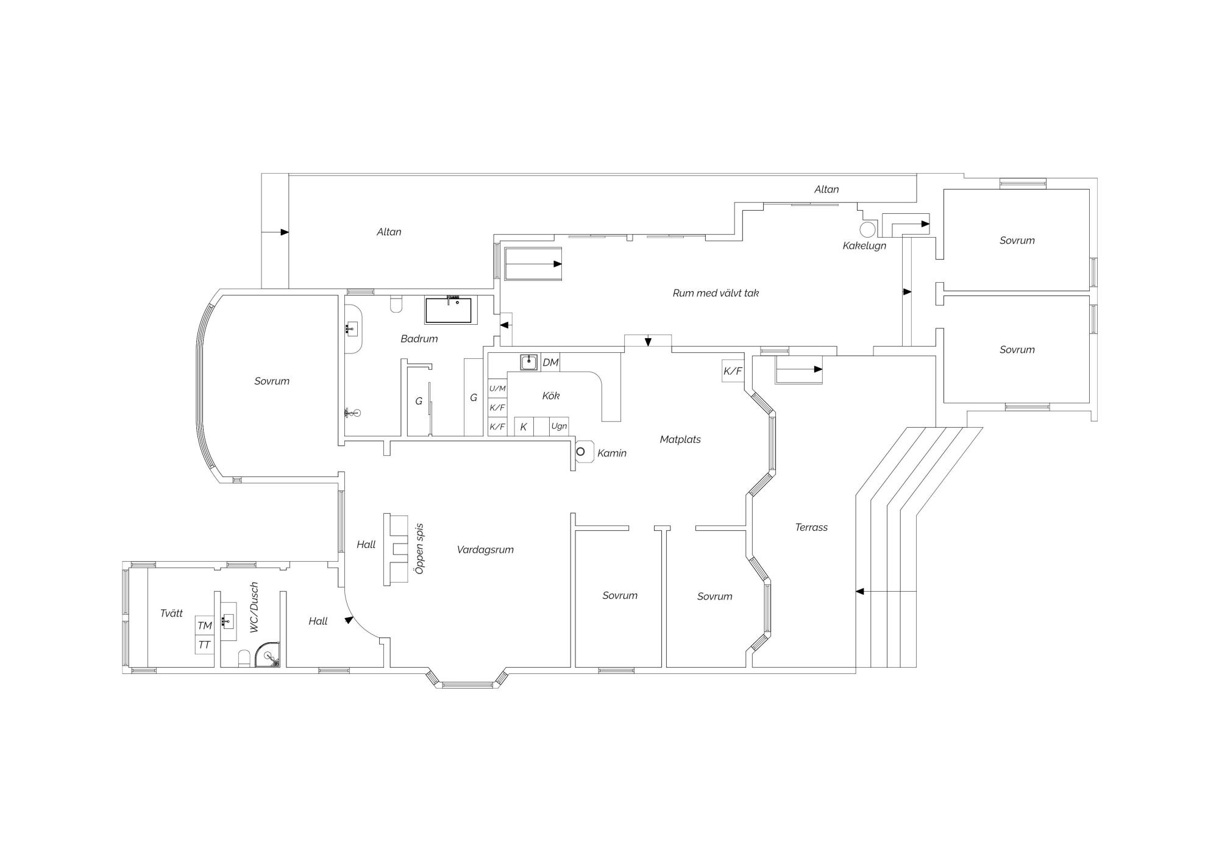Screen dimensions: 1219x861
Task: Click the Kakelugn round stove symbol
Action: pos(867,229)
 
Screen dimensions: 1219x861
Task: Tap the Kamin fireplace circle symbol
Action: pos(581,452)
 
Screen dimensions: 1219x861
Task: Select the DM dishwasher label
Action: pos(550,363)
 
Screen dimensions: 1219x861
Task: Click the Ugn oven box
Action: pos(559,427)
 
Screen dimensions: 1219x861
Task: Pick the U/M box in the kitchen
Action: pos(497,389)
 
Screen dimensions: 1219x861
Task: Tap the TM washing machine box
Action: pos(205,626)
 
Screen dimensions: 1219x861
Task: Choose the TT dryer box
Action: pos(205,645)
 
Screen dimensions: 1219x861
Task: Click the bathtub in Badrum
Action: pos(448,310)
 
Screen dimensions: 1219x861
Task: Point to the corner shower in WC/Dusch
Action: pos(268,655)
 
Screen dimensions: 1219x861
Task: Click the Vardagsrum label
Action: pos(485,550)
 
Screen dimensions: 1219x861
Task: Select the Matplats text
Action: pos(680,439)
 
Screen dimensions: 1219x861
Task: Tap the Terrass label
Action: pos(811,528)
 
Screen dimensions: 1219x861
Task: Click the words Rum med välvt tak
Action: pos(716,293)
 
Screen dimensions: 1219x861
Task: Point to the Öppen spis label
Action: pos(419,548)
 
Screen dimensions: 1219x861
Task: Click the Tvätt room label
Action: pos(171,614)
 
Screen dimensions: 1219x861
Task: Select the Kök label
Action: pos(551,396)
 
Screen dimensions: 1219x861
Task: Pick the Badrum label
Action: pos(419,339)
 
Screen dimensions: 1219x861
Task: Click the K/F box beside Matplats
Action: pos(733,371)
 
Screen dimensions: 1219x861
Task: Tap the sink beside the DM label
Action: pos(529,362)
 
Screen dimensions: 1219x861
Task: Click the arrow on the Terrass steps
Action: pos(886,591)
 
